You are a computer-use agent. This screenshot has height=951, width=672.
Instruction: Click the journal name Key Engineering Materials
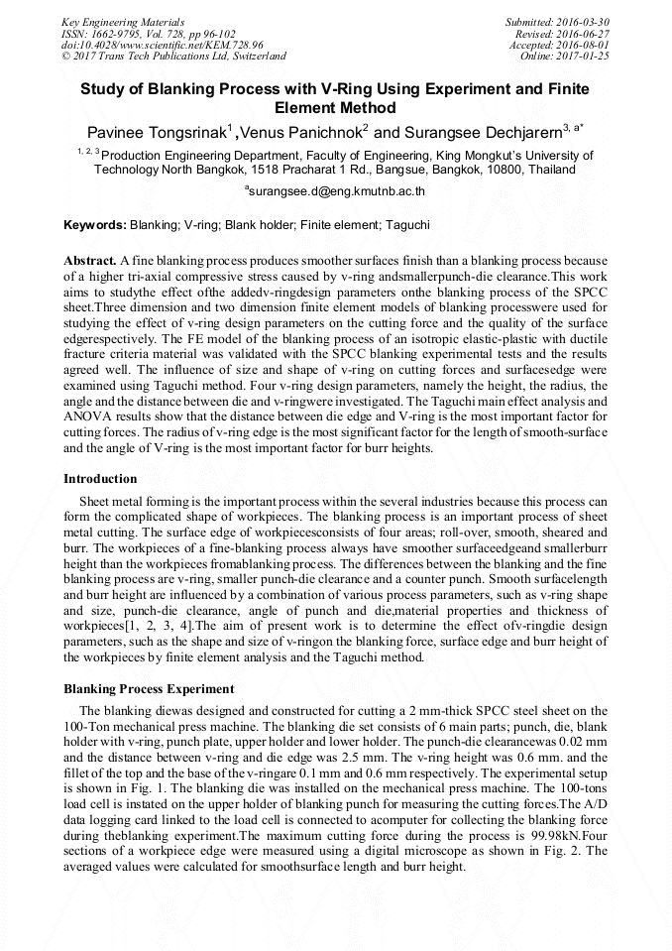click(x=122, y=22)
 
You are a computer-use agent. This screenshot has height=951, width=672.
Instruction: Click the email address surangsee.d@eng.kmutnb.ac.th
click(x=337, y=189)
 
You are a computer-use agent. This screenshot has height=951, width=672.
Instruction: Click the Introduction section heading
click(x=100, y=479)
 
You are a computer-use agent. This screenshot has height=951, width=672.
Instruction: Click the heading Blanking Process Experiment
click(x=149, y=689)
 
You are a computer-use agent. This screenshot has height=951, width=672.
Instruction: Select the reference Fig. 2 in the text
click(x=561, y=851)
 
